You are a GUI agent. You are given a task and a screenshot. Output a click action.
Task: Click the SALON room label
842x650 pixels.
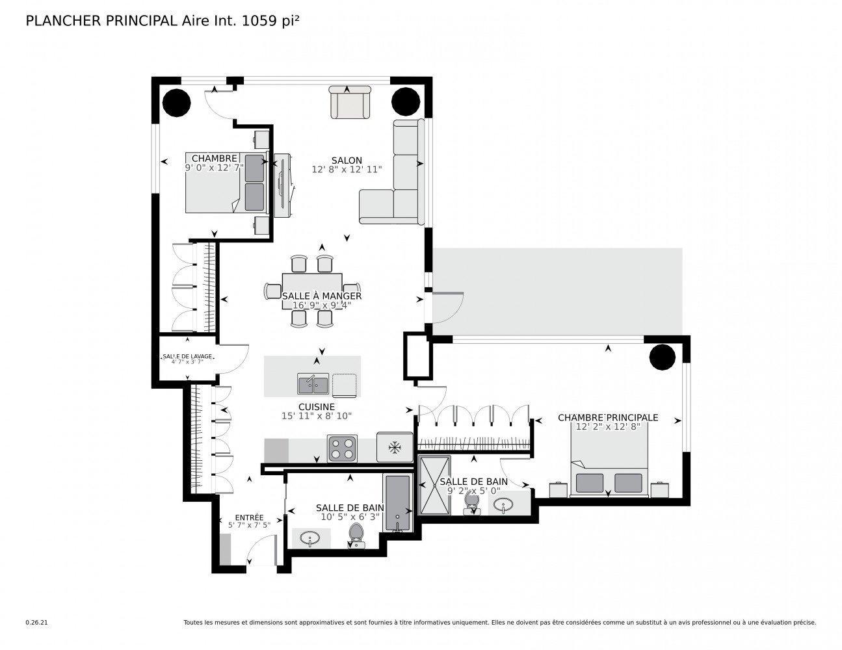click(x=346, y=160)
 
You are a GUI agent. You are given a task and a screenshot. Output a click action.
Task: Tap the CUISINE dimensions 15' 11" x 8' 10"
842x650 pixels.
click(x=317, y=416)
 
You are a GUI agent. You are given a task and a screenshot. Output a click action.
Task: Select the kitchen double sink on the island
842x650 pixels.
click(x=313, y=384)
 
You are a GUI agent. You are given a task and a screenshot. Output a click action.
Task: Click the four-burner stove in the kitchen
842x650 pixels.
click(x=343, y=448)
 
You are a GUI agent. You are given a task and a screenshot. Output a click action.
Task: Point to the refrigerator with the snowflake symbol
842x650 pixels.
click(x=393, y=447)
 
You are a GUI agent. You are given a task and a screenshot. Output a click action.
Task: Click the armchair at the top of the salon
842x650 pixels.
click(x=350, y=102)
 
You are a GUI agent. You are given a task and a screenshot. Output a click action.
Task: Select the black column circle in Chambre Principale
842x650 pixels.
click(x=662, y=357)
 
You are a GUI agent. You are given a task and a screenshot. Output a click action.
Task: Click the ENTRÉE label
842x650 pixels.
click(x=250, y=517)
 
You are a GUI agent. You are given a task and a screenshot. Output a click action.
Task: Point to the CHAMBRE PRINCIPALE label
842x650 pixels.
click(x=608, y=417)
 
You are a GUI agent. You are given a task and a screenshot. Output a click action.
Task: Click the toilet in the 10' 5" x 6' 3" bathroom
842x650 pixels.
click(x=356, y=534)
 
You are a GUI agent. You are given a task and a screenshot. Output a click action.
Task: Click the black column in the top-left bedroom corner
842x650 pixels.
click(x=176, y=102)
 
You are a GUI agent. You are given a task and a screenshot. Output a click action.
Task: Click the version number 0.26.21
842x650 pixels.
click(x=36, y=622)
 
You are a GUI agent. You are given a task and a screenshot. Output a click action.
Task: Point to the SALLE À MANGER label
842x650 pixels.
click(x=321, y=296)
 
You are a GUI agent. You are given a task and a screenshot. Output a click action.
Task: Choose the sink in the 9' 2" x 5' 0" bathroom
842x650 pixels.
click(x=505, y=505)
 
